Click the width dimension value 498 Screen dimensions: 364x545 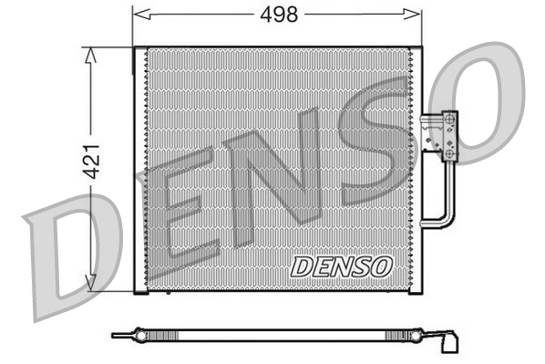pos(277,15)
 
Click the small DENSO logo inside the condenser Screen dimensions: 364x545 pos(342,266)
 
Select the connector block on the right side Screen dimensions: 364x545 pos(447,137)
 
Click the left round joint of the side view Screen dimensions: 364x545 pos(136,336)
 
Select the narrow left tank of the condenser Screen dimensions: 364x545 pos(139,169)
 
